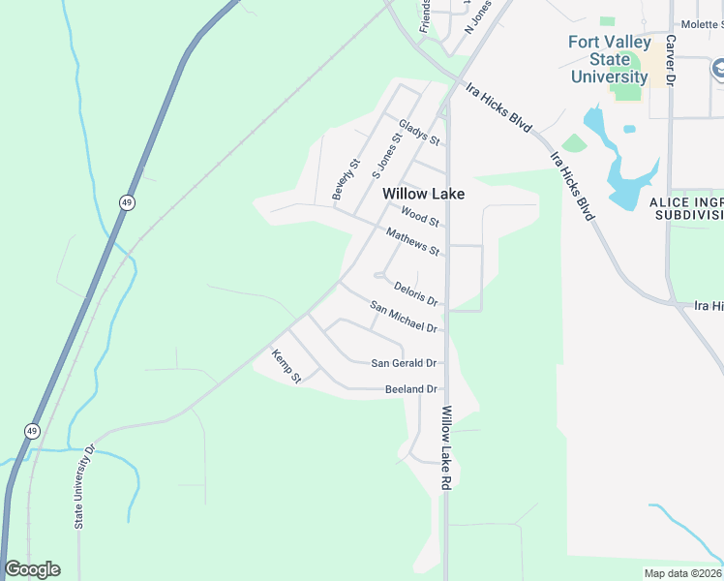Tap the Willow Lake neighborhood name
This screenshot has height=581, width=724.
[423, 194]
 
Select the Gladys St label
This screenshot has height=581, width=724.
[419, 133]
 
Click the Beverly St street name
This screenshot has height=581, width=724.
[346, 179]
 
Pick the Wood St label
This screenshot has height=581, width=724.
[420, 216]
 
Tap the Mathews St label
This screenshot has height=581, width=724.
[413, 242]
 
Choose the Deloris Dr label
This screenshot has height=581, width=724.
[417, 293]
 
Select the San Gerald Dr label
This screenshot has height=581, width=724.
[405, 363]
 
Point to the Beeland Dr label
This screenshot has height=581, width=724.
[411, 388]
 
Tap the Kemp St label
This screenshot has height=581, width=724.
[287, 366]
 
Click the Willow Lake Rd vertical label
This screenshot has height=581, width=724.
[447, 447]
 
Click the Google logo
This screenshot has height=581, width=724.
[32, 569]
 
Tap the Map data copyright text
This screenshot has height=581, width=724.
[683, 573]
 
